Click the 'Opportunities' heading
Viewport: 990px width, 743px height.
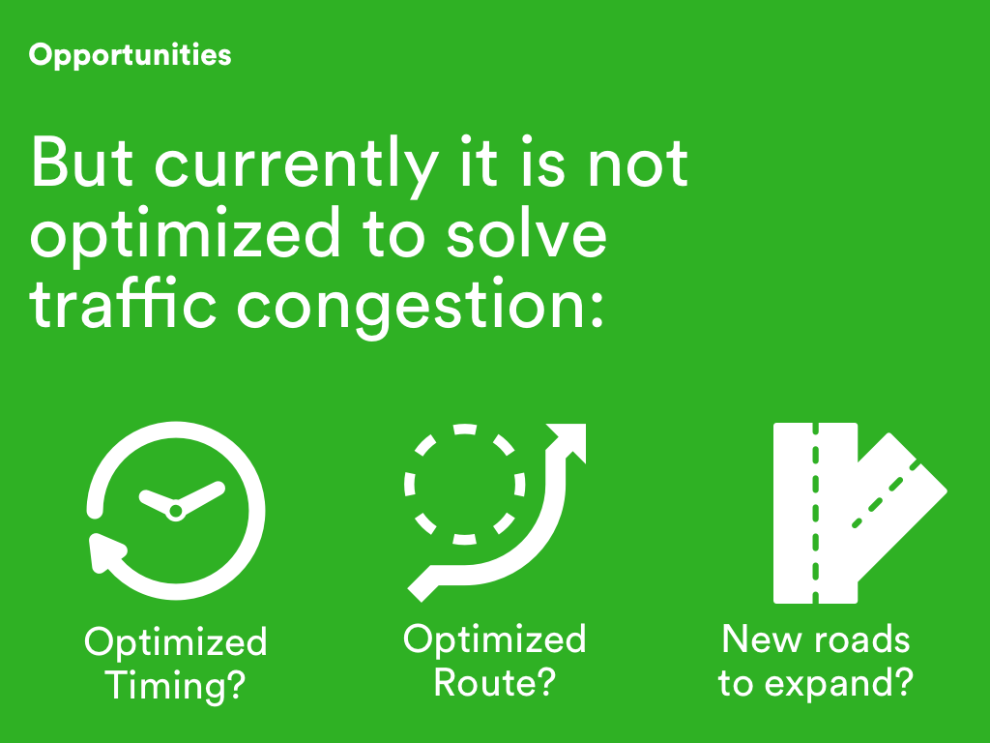pos(131,55)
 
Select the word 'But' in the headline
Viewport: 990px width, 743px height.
pos(82,162)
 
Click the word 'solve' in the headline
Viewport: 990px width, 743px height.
pos(527,233)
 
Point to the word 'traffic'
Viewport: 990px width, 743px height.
pos(123,303)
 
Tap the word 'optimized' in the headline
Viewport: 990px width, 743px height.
pos(185,236)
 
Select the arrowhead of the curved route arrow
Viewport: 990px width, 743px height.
pos(568,442)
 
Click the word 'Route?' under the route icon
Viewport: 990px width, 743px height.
pos(494,682)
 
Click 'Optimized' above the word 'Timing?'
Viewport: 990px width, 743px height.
pos(176,643)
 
